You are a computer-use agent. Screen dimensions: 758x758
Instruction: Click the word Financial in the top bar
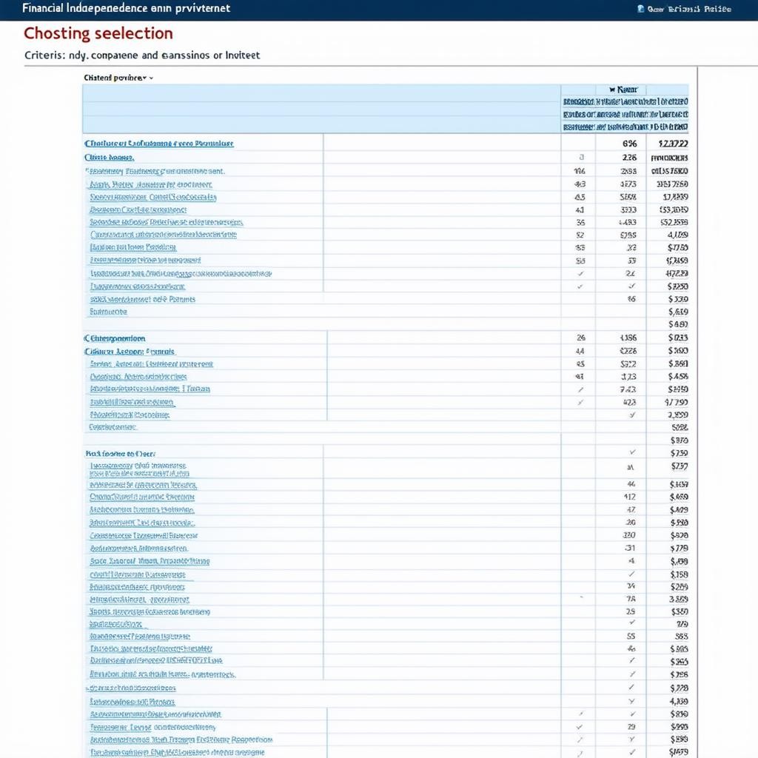[x=44, y=8]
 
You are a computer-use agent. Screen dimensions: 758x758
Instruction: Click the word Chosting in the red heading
[x=56, y=33]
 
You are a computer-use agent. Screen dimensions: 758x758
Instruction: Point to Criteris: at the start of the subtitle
[x=45, y=55]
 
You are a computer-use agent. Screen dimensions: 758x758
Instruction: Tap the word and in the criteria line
[x=150, y=55]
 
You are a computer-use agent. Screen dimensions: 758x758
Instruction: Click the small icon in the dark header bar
[x=640, y=9]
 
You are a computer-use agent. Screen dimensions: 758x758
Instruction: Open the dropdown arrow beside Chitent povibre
[x=151, y=77]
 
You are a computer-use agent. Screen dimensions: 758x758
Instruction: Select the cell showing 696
[x=629, y=144]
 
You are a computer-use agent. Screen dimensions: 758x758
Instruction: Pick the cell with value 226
[x=629, y=158]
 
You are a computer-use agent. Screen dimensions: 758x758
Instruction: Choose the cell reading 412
[x=630, y=497]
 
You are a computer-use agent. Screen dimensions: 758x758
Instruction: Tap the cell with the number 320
[x=629, y=534]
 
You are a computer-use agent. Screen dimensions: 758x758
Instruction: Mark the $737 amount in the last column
[x=678, y=466]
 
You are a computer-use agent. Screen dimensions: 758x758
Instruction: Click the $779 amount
[x=678, y=549]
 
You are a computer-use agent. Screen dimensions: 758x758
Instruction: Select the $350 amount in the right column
[x=679, y=612]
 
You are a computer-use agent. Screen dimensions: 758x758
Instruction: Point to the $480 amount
[x=678, y=324]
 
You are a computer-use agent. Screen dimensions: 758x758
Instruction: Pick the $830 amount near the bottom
[x=678, y=714]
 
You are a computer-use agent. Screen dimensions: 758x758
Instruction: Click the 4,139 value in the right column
[x=678, y=701]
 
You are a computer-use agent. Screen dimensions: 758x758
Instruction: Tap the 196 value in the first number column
[x=580, y=171]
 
